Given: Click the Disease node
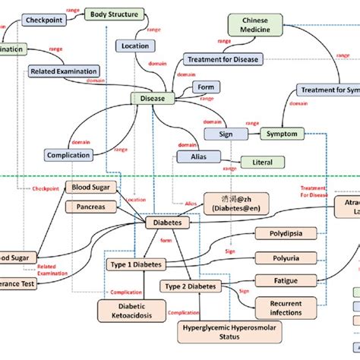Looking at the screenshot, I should pyautogui.click(x=153, y=98).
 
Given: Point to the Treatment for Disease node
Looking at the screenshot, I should pyautogui.click(x=221, y=59).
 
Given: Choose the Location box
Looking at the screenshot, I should pyautogui.click(x=135, y=46).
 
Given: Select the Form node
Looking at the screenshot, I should pyautogui.click(x=206, y=87).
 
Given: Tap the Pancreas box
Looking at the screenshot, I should pyautogui.click(x=90, y=206).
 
